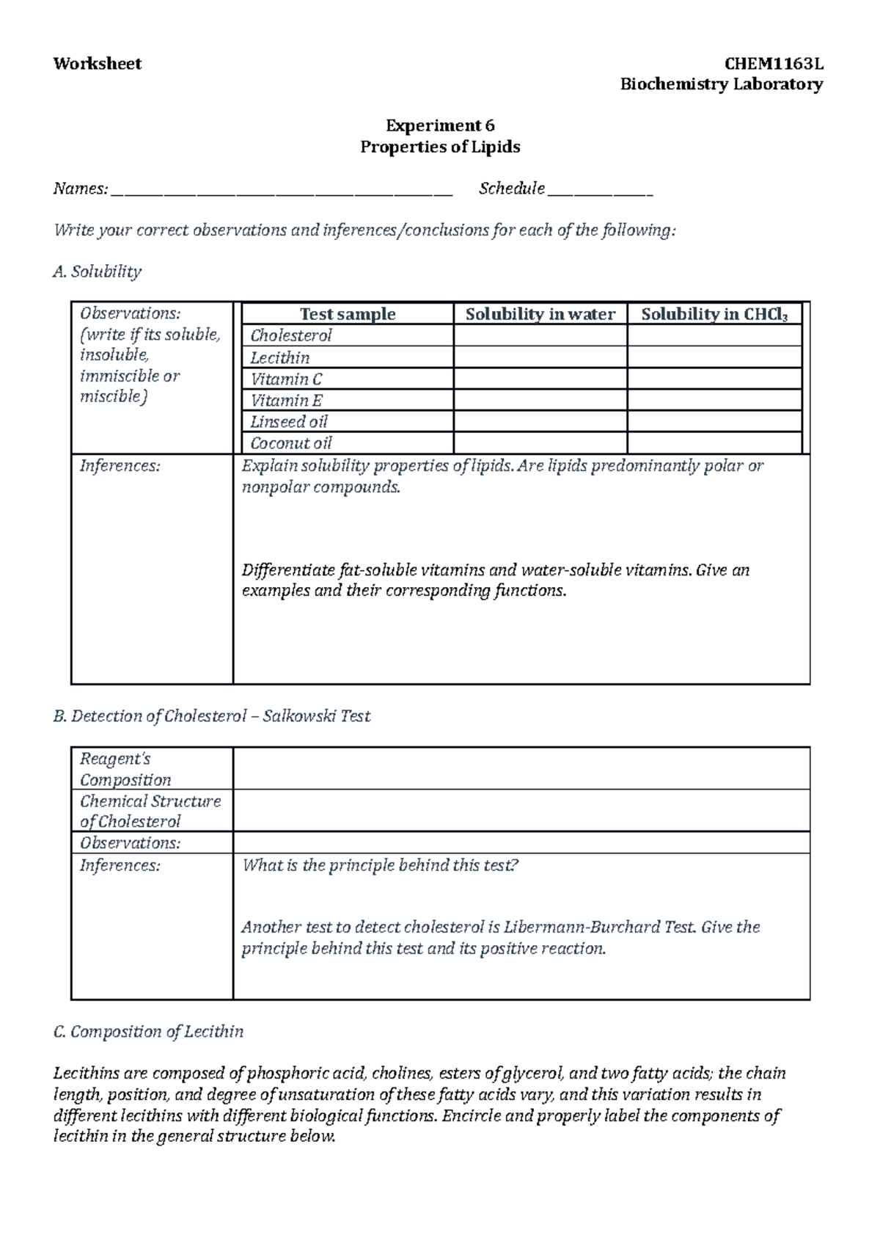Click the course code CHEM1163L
click(774, 64)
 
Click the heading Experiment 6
click(440, 125)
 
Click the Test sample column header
click(348, 314)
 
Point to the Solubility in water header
click(540, 314)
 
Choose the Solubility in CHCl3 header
click(714, 314)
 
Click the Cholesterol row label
click(291, 336)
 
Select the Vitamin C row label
click(286, 379)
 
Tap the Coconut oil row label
click(291, 443)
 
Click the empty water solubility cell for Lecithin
click(540, 358)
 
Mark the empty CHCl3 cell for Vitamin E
click(714, 401)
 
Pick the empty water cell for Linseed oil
click(540, 422)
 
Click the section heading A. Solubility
click(97, 272)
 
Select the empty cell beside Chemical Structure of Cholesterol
click(521, 811)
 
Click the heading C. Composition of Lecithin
click(148, 1032)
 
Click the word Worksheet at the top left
click(97, 64)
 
